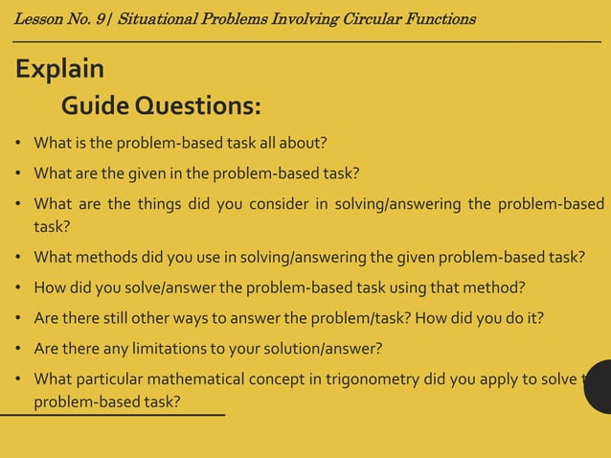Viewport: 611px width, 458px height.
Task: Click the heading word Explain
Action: click(59, 70)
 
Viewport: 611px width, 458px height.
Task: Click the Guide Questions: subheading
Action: click(161, 104)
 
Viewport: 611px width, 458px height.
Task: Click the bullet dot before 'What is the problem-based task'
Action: click(19, 144)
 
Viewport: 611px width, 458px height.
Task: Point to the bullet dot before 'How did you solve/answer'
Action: click(19, 286)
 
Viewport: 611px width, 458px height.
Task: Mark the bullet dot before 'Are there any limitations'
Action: click(19, 347)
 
